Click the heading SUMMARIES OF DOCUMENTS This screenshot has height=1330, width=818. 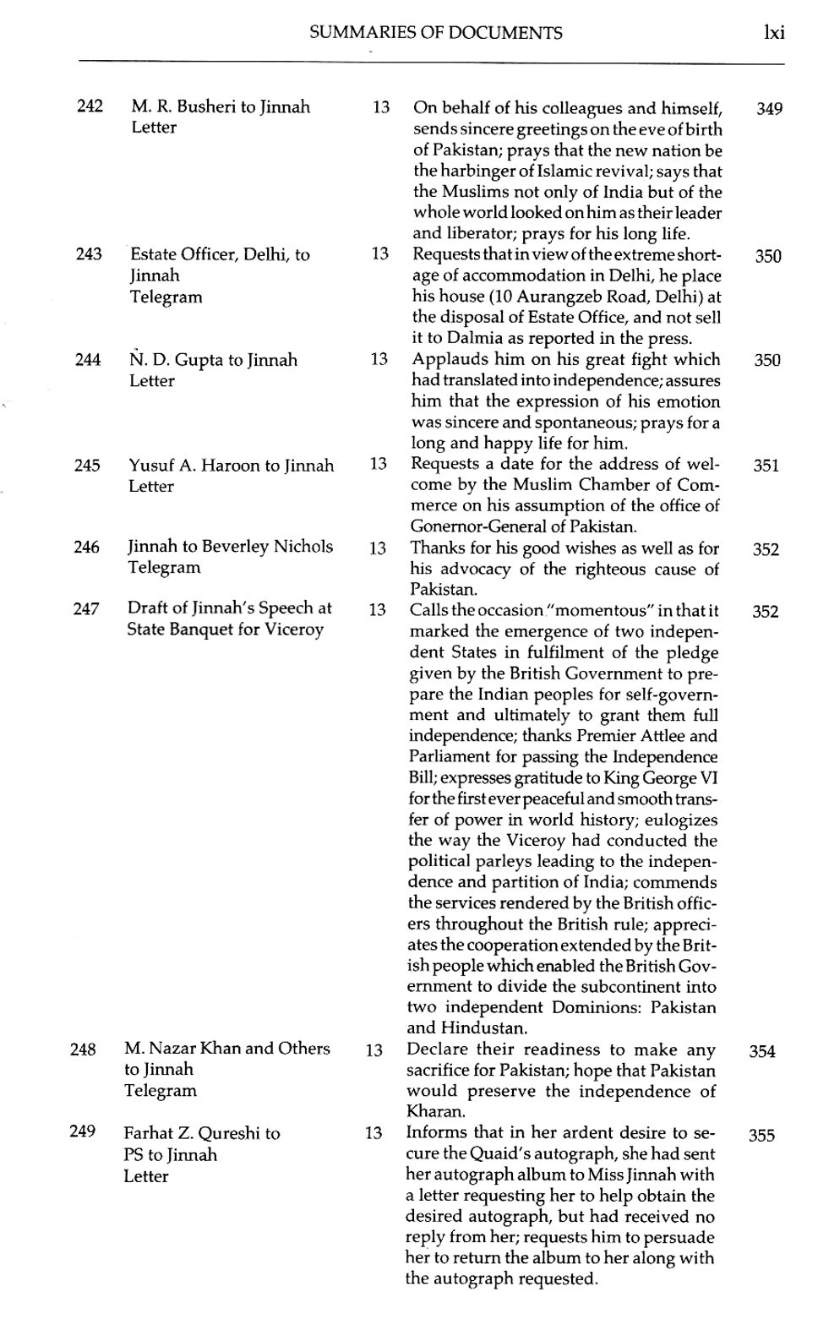(x=435, y=33)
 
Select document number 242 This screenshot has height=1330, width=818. (x=90, y=106)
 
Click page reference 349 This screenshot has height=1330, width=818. (x=769, y=109)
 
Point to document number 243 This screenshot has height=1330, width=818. (x=89, y=254)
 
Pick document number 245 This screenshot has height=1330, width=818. (x=87, y=466)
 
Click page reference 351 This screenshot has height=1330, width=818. (x=766, y=466)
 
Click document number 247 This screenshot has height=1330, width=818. (x=86, y=608)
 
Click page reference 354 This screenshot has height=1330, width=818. (x=762, y=1052)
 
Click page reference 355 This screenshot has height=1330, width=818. (x=761, y=1136)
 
